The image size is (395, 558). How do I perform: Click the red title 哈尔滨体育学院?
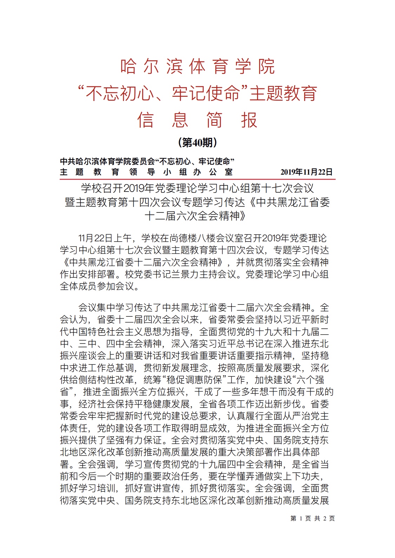point(197,66)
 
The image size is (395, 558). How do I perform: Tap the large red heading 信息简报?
point(197,120)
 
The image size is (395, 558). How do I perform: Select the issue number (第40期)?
point(198,142)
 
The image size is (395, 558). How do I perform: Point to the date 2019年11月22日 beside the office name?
point(306,172)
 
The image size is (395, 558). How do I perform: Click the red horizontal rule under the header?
point(197,179)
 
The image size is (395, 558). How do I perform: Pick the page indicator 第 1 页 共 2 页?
point(312,518)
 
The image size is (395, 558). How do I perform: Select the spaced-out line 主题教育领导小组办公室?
point(146,172)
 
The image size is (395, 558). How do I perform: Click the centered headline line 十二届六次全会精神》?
point(195,216)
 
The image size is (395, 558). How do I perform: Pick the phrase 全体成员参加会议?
point(97,286)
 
